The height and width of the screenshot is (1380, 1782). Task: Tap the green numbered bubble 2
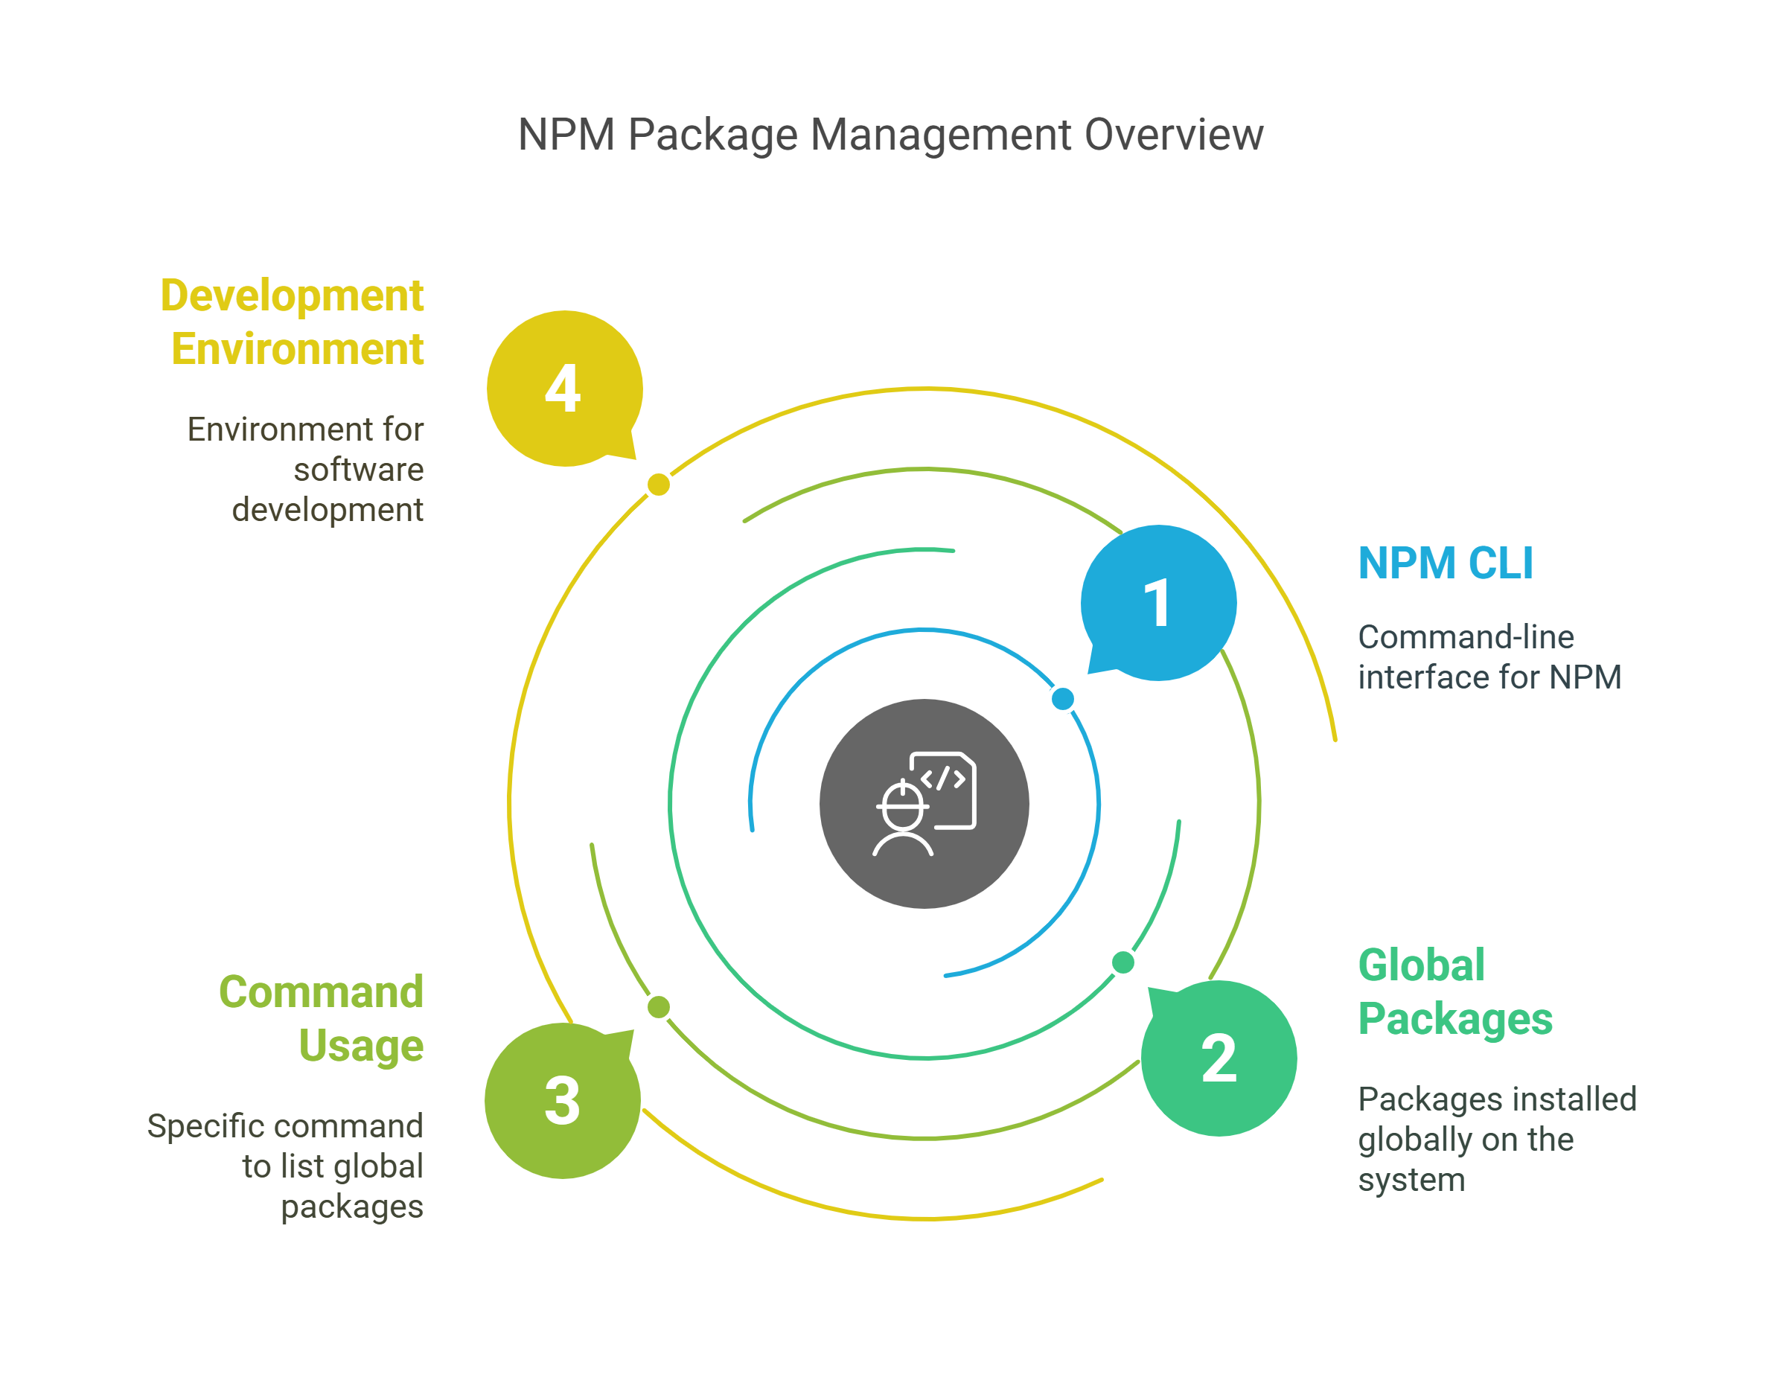tap(1219, 1058)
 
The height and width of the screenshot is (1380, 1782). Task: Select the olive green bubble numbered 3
tap(563, 1100)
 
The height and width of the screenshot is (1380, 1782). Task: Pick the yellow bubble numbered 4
tap(565, 389)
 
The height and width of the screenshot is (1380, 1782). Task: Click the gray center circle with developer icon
tap(924, 804)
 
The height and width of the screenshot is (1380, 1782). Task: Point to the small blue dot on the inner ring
tap(1062, 699)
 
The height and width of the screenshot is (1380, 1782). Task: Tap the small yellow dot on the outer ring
tap(659, 485)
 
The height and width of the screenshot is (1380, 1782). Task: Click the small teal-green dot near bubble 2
tap(1122, 963)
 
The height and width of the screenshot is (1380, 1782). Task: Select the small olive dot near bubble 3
tap(659, 1007)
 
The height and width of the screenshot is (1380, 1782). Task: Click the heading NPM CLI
tap(1446, 563)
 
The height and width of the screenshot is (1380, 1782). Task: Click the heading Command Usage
tap(322, 1018)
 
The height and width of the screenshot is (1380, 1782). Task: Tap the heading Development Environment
tap(292, 322)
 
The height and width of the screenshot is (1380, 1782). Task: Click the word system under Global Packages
tap(1411, 1181)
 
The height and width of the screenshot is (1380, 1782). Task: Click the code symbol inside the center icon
tap(943, 778)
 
